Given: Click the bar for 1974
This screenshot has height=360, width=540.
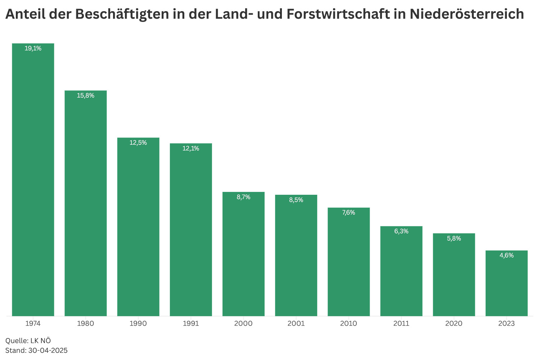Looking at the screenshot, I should [x=33, y=180].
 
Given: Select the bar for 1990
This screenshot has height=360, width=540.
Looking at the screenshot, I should [x=138, y=227].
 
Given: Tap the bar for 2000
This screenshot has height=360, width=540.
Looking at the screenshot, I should [x=243, y=254].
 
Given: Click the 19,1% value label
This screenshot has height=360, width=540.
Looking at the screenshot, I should [x=33, y=49].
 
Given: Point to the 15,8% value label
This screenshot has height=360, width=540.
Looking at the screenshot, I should [x=86, y=96].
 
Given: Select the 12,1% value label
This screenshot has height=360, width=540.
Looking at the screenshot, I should [x=191, y=148].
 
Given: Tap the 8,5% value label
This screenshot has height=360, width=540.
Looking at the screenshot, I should [x=296, y=200].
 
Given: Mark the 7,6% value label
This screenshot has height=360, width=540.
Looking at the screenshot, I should [x=348, y=213].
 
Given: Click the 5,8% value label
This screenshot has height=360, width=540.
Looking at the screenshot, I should [x=454, y=239].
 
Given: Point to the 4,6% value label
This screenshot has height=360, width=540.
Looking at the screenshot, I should [x=507, y=256].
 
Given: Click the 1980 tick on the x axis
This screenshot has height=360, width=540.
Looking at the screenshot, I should [x=86, y=324].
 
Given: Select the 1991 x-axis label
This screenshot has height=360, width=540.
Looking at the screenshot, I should [x=191, y=324].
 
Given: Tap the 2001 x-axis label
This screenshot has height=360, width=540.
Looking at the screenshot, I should [x=296, y=324].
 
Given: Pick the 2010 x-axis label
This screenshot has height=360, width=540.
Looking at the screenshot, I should [x=348, y=324].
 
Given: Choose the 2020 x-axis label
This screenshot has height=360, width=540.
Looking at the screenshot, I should [x=454, y=324].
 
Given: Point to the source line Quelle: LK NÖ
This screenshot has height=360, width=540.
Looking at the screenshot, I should [x=26, y=341].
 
